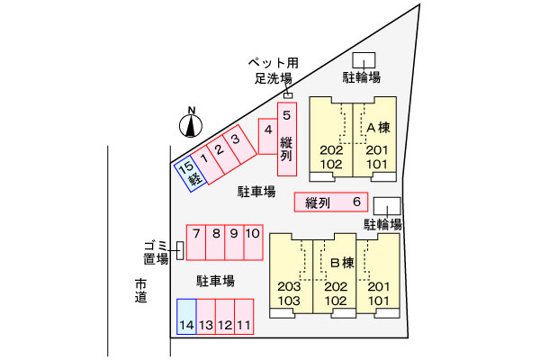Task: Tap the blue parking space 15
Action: coord(191,174)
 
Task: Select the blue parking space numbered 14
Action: coord(186,317)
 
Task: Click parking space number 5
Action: coord(287,139)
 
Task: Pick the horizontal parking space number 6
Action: coord(331,202)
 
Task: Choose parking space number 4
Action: coord(268,137)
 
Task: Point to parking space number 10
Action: coord(254,242)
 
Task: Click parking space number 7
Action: coord(196,242)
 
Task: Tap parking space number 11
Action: coord(244,317)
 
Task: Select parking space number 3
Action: coord(239,144)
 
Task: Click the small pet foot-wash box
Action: coord(288,95)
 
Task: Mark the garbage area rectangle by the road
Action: coord(180,250)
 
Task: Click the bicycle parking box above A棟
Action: coord(364,60)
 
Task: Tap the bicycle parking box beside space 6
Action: coord(387,206)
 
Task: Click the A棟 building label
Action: coord(379,128)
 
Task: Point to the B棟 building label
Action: coord(342,263)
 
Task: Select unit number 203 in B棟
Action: coord(289,286)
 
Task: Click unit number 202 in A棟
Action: coord(331,150)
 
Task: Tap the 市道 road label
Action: coord(141,291)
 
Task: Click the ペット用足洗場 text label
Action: coord(274,70)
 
